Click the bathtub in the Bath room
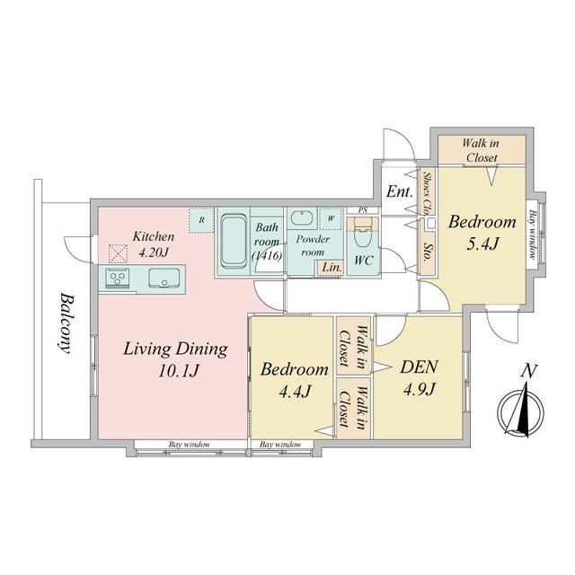(234, 242)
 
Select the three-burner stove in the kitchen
(118, 277)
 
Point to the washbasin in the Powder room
(302, 218)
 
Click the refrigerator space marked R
(201, 220)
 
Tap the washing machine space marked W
(331, 218)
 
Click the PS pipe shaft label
(363, 210)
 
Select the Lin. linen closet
(332, 268)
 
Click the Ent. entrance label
(399, 191)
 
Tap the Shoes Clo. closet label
(427, 192)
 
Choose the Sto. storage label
(427, 252)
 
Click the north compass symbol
(521, 411)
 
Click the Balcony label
(66, 323)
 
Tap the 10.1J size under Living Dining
(179, 371)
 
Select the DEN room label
(419, 367)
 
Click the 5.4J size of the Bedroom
(482, 243)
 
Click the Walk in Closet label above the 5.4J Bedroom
(482, 150)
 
